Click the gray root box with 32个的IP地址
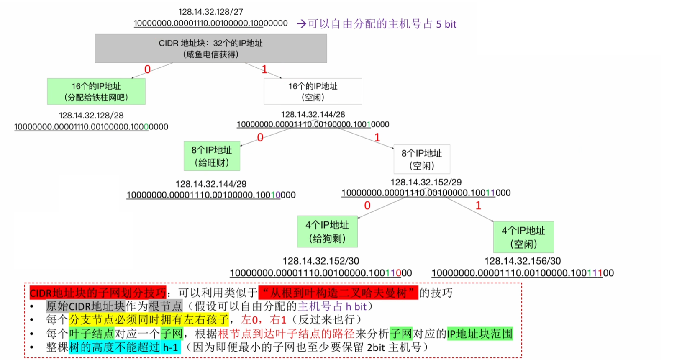coord(211,49)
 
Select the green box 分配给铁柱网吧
coord(96,91)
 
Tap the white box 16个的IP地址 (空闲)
coord(313,91)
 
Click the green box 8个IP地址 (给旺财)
coord(212,156)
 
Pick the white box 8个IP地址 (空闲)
coord(422,159)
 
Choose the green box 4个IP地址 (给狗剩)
coord(327,231)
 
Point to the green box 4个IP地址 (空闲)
coord(523,237)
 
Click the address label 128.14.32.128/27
coord(211,12)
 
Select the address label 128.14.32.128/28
coord(91,116)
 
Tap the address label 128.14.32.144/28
coord(313,114)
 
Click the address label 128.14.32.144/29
coord(211,184)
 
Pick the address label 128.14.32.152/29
coord(426,182)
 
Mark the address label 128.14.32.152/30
coord(321,261)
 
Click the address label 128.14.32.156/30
coord(523,261)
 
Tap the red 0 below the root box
coord(147,69)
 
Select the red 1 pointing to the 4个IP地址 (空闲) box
coord(478,206)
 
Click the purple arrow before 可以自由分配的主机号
coord(301,24)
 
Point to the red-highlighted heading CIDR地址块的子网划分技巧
coord(98,292)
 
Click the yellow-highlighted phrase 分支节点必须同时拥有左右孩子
coord(149,320)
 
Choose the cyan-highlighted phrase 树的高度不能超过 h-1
coord(125,347)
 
